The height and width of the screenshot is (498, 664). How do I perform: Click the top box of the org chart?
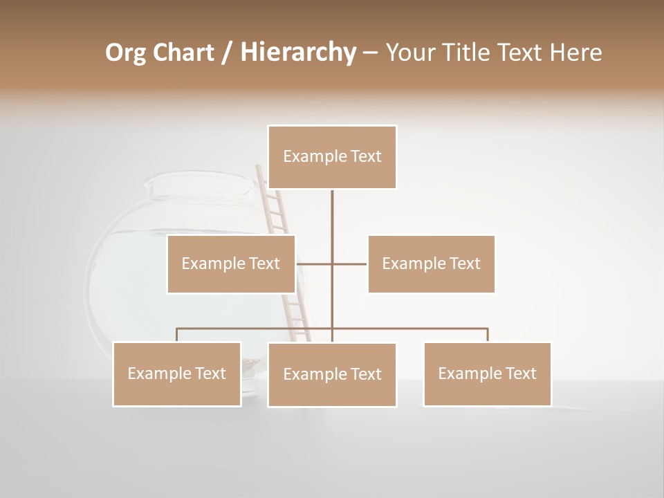point(332,157)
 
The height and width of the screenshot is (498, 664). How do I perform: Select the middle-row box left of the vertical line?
point(231,264)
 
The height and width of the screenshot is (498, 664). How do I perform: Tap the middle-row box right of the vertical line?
point(431,264)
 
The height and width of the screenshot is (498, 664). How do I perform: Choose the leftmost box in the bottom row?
point(177,373)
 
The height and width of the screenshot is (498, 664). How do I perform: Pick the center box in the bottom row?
point(332,374)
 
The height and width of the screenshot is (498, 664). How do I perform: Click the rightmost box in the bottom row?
point(487,373)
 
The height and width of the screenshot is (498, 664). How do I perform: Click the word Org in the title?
point(126,53)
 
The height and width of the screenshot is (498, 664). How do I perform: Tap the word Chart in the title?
point(183,53)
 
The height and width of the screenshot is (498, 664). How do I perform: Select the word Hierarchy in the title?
point(298,53)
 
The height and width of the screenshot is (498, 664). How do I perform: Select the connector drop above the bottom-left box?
point(177,335)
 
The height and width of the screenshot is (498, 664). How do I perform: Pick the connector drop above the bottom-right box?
point(487,335)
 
